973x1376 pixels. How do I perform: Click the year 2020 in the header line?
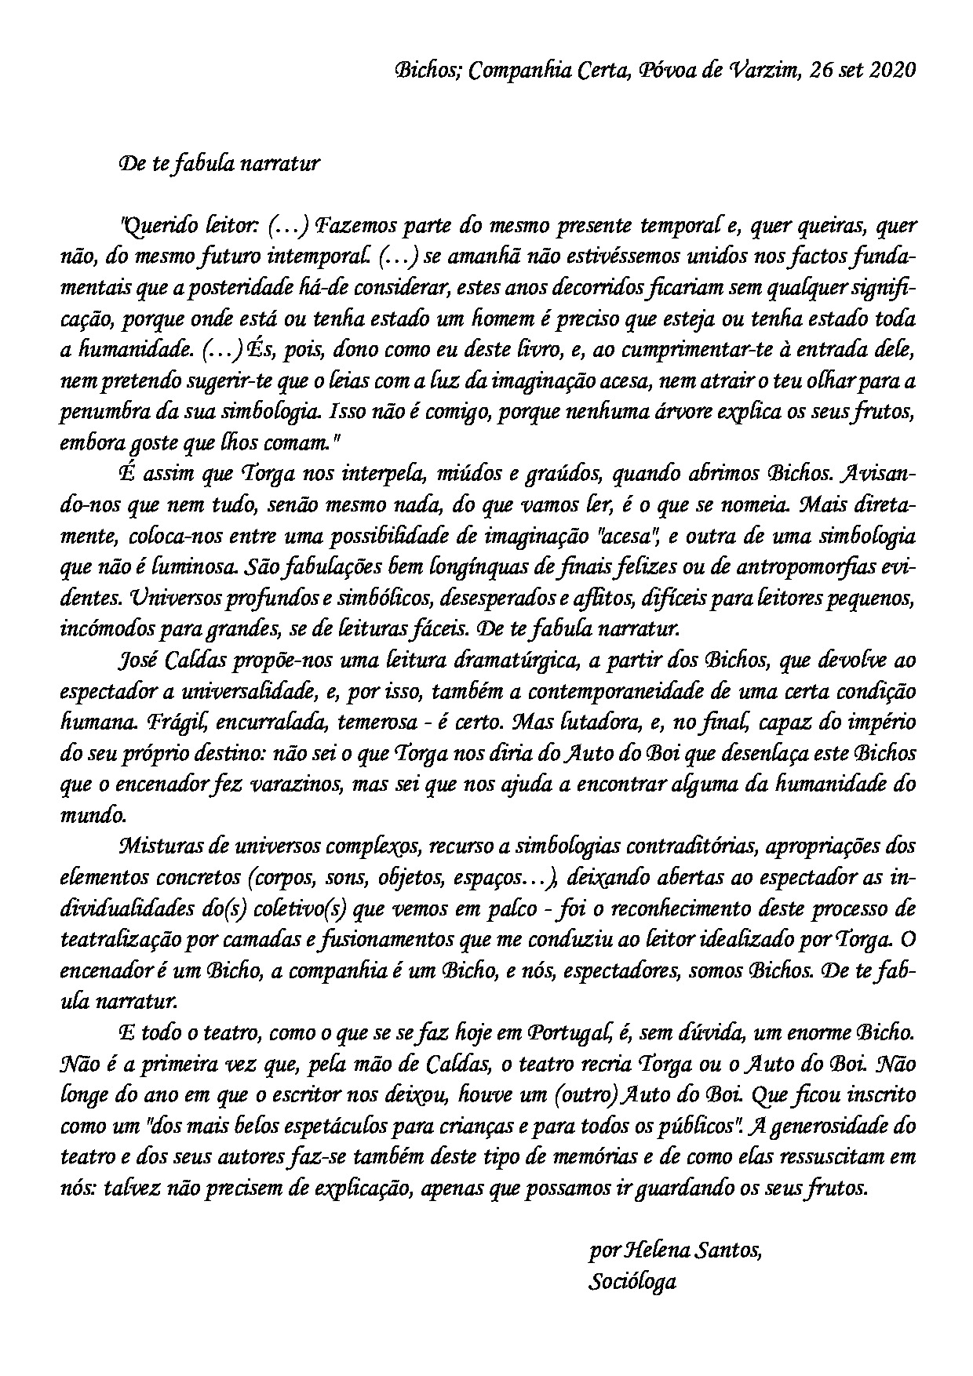[x=891, y=70]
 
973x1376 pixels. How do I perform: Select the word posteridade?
[x=237, y=289]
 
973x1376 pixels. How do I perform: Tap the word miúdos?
[x=461, y=475]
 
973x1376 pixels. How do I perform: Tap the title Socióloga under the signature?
[x=632, y=1282]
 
